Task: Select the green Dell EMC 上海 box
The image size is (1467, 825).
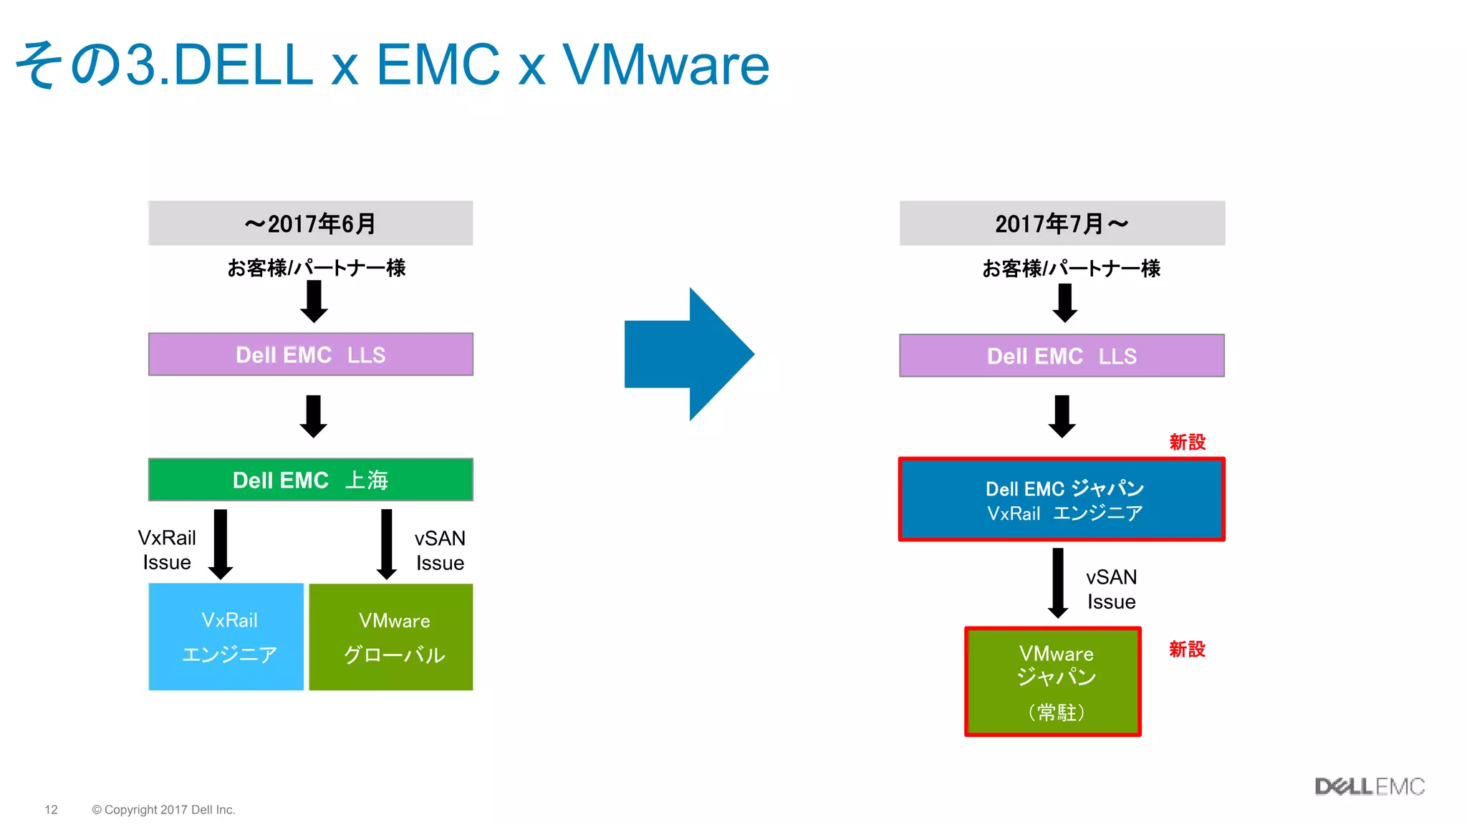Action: tap(310, 480)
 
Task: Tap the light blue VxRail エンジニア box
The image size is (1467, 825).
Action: tap(226, 637)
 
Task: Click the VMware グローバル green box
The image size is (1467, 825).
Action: tap(391, 637)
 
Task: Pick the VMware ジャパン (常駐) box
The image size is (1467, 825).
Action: tap(1052, 681)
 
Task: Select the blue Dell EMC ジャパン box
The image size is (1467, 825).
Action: tap(1062, 499)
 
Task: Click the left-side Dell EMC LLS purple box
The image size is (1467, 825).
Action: tap(310, 354)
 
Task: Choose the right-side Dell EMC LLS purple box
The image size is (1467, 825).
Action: tap(1062, 356)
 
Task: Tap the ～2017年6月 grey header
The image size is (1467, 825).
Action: tap(310, 223)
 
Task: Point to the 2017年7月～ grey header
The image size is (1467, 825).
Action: tap(1062, 223)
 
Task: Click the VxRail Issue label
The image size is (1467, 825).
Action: tap(167, 550)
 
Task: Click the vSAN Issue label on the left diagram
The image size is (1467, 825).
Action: tap(440, 551)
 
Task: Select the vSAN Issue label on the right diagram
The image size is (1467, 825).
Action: tap(1111, 589)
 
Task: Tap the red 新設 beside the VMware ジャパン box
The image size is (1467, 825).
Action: tap(1187, 650)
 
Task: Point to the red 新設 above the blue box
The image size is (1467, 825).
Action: tap(1187, 443)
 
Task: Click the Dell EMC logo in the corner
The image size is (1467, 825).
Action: tap(1369, 786)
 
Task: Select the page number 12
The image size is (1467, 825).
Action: tap(51, 809)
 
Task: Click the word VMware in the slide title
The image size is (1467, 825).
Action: tap(665, 64)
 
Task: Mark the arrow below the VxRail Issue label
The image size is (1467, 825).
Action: tap(221, 544)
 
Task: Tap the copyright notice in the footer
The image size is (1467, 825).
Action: tap(163, 809)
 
